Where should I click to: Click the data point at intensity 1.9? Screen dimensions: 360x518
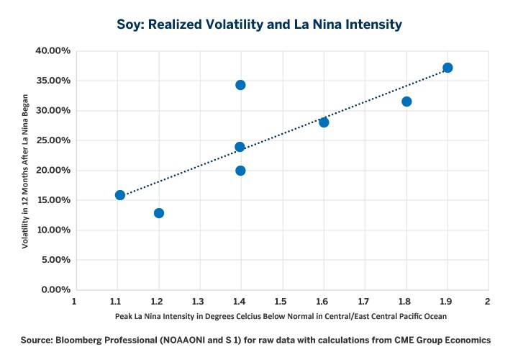447,68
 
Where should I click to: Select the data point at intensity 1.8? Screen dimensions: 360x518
406,102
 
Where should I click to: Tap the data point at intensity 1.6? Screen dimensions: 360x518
324,122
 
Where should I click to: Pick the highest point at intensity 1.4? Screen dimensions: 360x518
240,85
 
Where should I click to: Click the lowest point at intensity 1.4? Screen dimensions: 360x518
240,171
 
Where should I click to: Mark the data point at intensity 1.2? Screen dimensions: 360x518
159,213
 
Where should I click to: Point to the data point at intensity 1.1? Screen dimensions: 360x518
120,195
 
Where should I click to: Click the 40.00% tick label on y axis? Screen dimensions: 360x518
51,51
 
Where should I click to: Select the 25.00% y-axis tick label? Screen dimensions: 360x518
51,140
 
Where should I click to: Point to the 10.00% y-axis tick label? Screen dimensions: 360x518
51,230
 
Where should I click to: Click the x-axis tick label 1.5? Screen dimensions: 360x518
281,302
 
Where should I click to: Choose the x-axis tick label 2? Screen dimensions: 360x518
488,302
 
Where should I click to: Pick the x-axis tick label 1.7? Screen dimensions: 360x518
364,302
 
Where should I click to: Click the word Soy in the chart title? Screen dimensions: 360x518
130,24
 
